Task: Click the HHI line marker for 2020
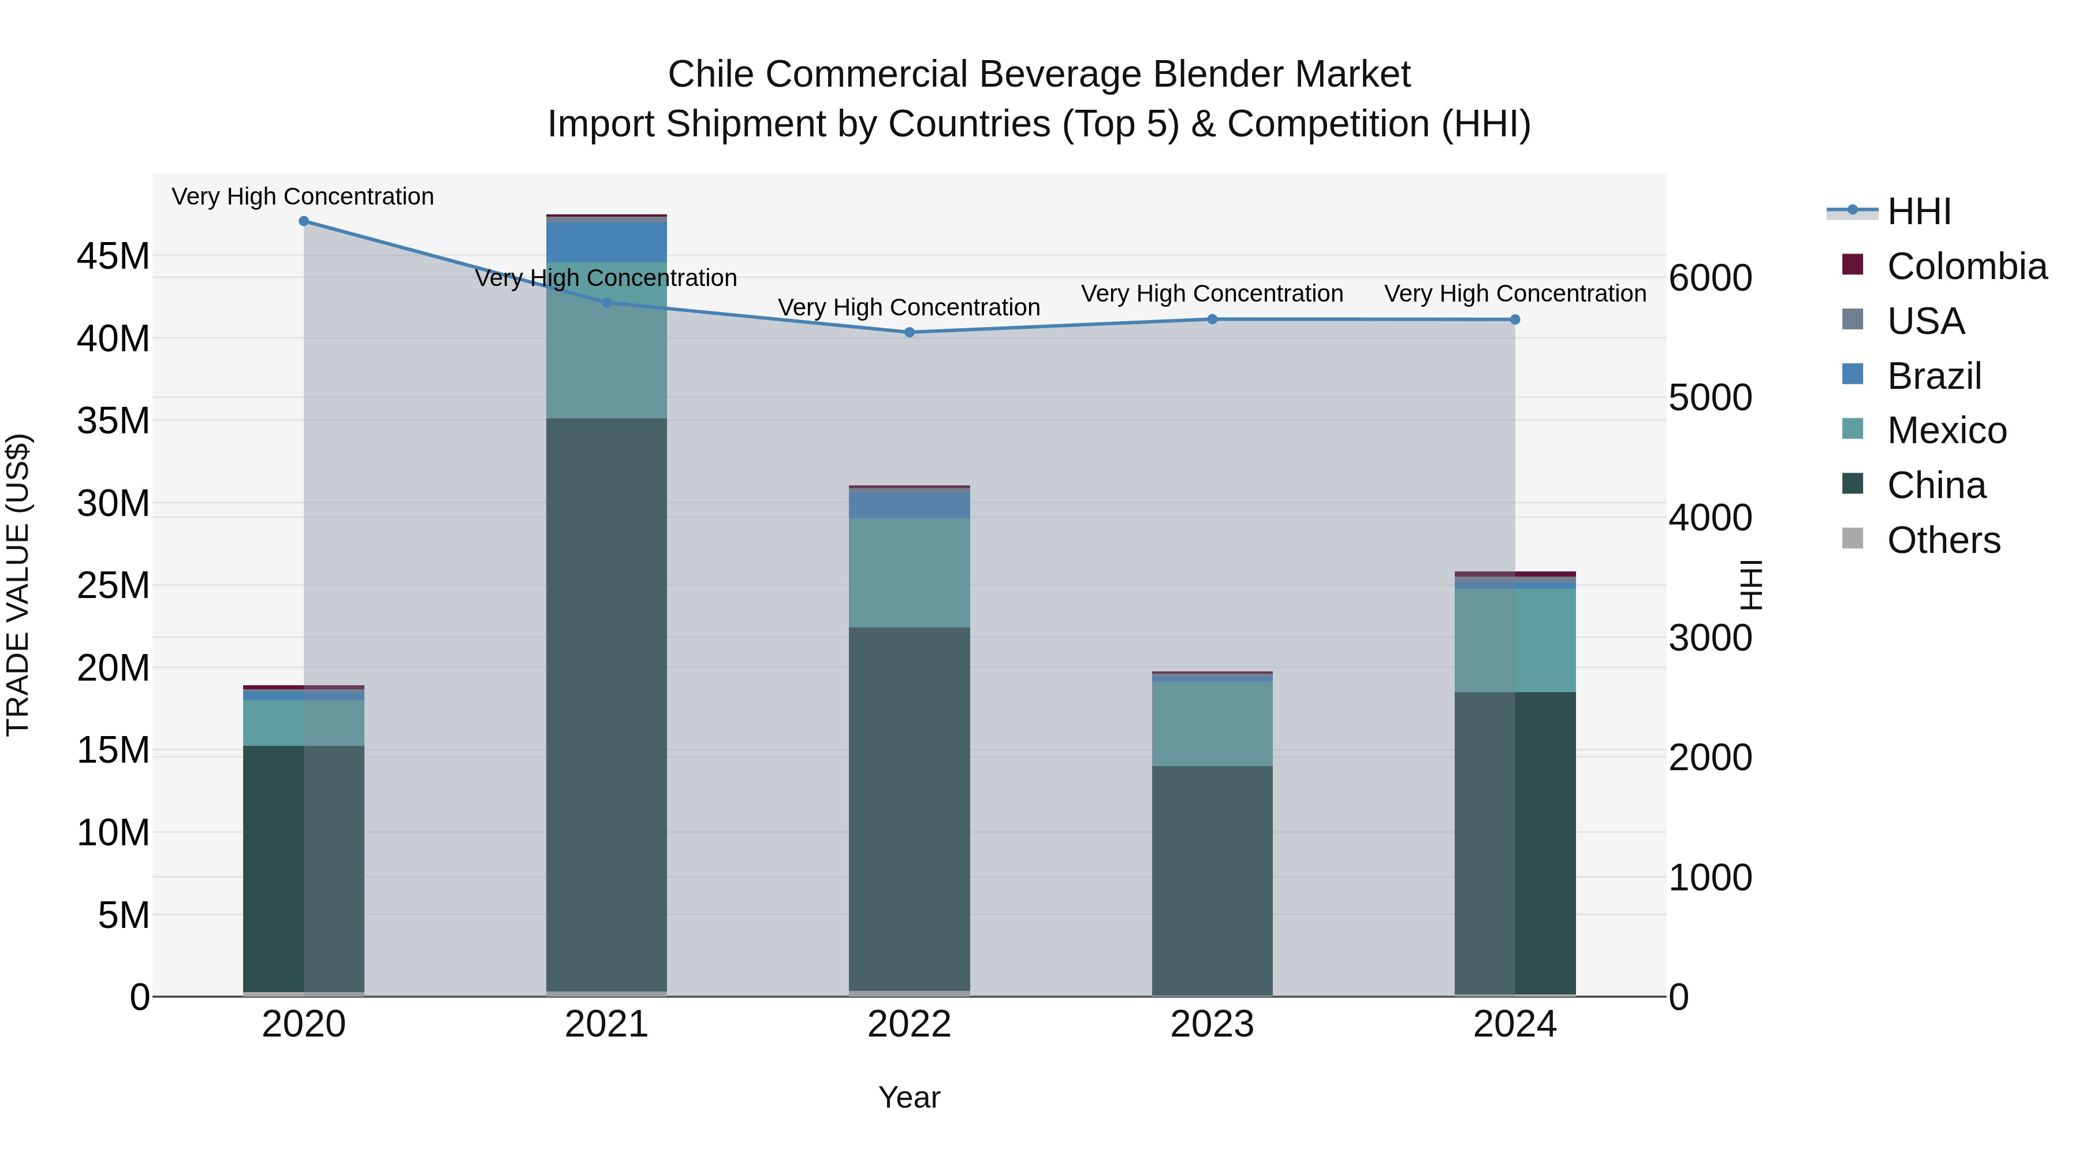303,221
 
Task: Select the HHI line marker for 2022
910,332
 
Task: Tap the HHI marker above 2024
1515,320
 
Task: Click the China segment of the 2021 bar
606,703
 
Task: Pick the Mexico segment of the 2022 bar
910,573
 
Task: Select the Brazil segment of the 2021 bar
606,242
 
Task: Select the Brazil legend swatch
1853,374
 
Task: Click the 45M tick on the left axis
113,257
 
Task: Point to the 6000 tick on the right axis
1710,278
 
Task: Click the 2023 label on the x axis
1212,1024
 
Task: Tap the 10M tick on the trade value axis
113,833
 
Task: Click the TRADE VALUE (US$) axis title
18,585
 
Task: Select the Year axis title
910,1097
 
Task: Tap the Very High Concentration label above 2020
303,196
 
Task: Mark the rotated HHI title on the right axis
1750,585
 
